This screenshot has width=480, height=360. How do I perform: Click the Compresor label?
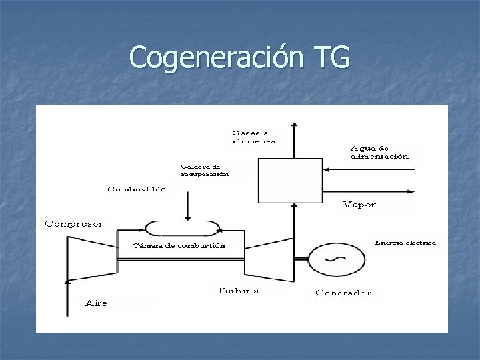coord(74,224)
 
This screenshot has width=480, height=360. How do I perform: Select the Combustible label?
coord(137,189)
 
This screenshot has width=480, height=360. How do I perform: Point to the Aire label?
coord(97,303)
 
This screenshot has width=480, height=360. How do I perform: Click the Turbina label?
coord(238,291)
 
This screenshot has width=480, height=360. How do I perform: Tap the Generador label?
coord(343,292)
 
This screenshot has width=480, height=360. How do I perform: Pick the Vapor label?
coord(359,204)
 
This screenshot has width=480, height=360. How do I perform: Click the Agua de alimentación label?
coord(378,152)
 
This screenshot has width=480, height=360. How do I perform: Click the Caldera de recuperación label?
coord(204,170)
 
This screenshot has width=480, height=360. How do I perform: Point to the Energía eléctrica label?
coord(405,243)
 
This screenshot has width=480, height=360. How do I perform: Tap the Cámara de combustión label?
coord(179,245)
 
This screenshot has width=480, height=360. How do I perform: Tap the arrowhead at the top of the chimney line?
coord(293,124)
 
